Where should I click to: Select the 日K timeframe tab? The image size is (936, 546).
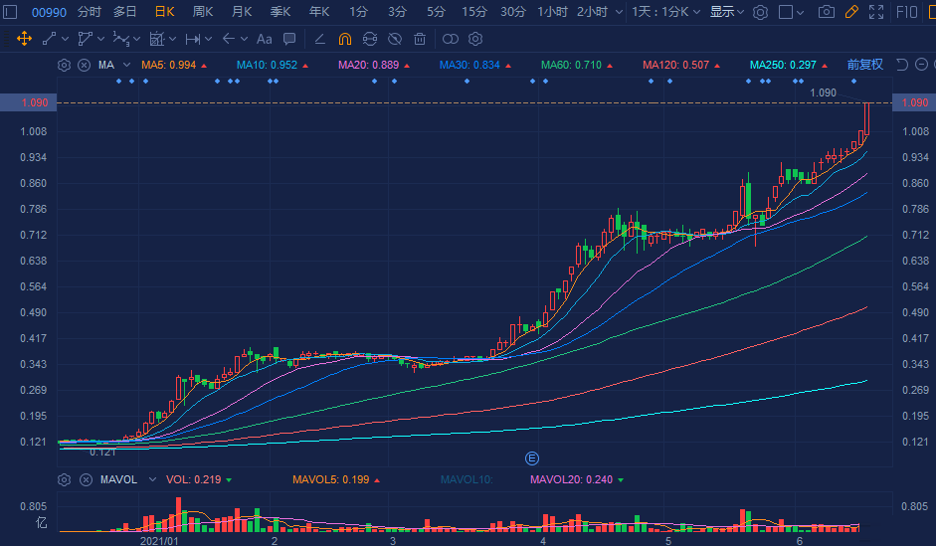tap(164, 12)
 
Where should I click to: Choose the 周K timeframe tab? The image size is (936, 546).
tap(203, 12)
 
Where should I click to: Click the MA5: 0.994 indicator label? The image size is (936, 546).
tap(168, 65)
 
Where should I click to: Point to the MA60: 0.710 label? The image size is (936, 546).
tap(571, 65)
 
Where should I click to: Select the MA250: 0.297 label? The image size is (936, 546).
tap(782, 65)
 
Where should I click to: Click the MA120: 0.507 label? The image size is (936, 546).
tap(676, 65)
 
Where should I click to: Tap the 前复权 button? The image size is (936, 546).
tap(864, 65)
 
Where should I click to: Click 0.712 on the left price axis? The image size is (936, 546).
tap(34, 235)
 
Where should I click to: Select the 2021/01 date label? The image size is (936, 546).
tap(159, 541)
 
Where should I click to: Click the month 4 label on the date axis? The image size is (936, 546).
tap(542, 541)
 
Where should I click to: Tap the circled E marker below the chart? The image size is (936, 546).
tap(532, 457)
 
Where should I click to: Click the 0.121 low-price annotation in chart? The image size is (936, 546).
tap(102, 453)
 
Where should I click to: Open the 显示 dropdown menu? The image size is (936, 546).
tap(726, 12)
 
